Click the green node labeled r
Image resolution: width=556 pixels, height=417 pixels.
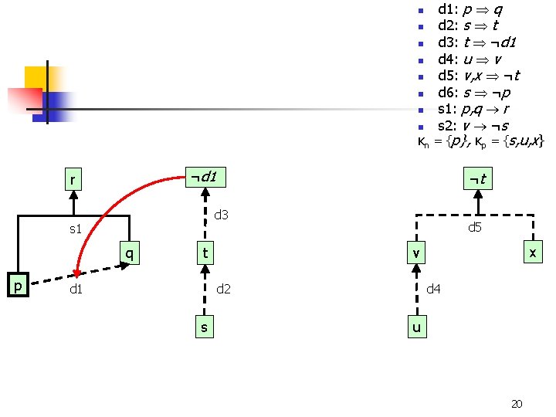73,181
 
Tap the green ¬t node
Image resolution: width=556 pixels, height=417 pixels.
477,180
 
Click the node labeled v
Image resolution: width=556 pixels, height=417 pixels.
415,253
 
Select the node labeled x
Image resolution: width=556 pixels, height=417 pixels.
532,253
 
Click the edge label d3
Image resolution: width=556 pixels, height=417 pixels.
221,214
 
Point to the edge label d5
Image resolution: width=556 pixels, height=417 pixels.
474,227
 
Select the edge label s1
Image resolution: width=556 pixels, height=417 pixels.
76,229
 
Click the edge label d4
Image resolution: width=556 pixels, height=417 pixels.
434,289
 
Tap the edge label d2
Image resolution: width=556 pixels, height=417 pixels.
223,289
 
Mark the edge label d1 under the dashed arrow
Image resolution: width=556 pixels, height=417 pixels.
76,290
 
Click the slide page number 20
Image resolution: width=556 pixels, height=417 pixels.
517,403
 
